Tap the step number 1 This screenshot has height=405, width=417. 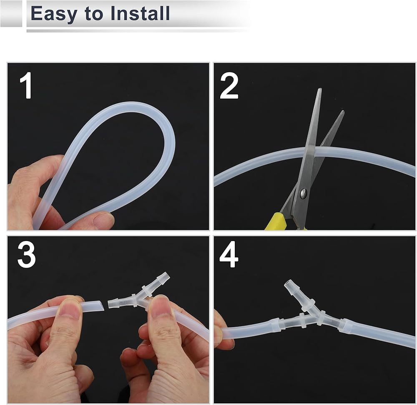pos(27,85)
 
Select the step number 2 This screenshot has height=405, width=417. pos(229,86)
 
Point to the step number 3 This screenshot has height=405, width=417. pos(27,255)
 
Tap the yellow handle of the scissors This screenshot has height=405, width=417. pos(276,221)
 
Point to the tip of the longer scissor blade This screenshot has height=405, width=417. pos(320,89)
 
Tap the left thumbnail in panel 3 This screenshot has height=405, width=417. pos(70,309)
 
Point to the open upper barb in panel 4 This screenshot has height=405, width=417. pos(290,285)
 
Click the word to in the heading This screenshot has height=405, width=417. pos(94,14)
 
